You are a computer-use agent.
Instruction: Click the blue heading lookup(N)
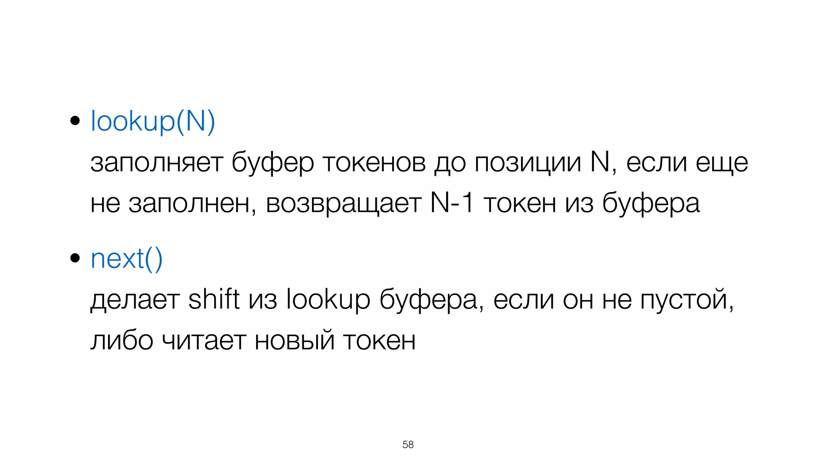coord(153,121)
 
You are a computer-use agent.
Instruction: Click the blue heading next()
coord(126,259)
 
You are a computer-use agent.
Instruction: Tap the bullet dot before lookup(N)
coord(75,120)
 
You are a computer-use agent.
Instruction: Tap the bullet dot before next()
coord(75,258)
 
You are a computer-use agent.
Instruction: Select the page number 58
coord(408,444)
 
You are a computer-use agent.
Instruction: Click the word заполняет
coord(156,163)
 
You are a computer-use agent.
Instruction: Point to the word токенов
coord(374,163)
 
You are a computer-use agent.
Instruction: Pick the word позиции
coord(527,163)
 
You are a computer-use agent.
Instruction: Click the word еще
coord(722,163)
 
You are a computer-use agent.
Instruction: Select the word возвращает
coord(343,203)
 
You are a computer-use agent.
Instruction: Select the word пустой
coord(686,300)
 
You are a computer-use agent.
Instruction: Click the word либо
coord(122,341)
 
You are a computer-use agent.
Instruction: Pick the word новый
coord(294,341)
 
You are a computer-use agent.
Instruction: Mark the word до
coord(450,163)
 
